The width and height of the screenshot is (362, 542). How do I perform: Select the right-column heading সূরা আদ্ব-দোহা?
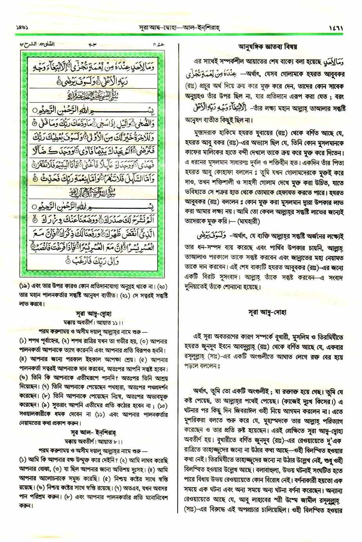tap(267, 312)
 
